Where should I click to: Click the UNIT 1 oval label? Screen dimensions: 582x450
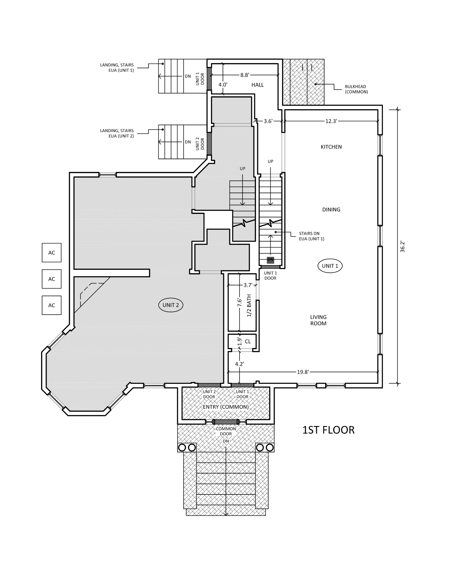[330, 266]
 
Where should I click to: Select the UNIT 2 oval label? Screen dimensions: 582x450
[171, 305]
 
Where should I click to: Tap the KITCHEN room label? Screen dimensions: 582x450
[331, 147]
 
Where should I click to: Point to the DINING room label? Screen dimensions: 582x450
[331, 210]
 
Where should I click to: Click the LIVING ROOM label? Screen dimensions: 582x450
[318, 320]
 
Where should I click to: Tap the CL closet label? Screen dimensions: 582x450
[248, 342]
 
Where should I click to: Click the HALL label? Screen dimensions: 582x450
[257, 85]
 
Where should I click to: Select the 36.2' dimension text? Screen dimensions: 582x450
[402, 246]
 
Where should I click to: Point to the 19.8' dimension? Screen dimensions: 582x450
[303, 372]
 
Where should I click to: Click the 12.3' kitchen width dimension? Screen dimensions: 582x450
[331, 121]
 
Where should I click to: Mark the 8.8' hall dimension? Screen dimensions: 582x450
[244, 75]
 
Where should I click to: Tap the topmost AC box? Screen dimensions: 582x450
[52, 253]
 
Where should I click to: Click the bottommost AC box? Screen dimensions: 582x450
[52, 305]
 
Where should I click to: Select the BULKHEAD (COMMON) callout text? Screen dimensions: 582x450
[356, 89]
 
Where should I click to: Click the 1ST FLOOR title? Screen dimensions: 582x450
[328, 430]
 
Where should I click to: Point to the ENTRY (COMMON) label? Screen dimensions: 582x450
[226, 407]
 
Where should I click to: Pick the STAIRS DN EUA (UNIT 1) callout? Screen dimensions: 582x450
[311, 236]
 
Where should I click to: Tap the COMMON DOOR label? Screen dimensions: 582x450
[226, 431]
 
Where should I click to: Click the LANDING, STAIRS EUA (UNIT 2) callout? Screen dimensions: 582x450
[117, 133]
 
